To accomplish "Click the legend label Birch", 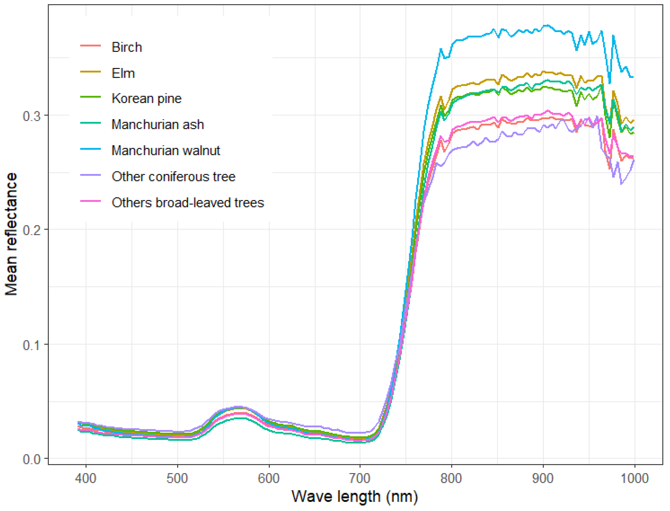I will [x=126, y=47].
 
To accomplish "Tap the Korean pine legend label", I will [x=146, y=99].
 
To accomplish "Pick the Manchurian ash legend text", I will [x=157, y=125].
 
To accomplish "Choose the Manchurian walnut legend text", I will [x=165, y=150].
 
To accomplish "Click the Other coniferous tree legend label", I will [x=173, y=177].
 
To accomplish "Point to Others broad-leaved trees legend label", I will [x=188, y=203].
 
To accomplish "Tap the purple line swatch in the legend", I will [x=90, y=175].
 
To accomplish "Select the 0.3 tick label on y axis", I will [x=31, y=116].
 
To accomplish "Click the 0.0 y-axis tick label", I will [x=31, y=459].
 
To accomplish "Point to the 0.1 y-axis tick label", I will [x=31, y=345].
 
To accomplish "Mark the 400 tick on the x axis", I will [x=86, y=479].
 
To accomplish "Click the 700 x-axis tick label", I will [x=360, y=479].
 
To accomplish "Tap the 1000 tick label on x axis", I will [x=634, y=479].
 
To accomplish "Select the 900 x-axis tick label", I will [x=543, y=479].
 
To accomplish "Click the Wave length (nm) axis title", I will [x=355, y=497].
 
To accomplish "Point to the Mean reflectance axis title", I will [x=11, y=234].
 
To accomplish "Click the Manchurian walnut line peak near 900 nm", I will [x=546, y=25].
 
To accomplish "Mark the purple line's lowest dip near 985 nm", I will [x=621, y=184].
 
